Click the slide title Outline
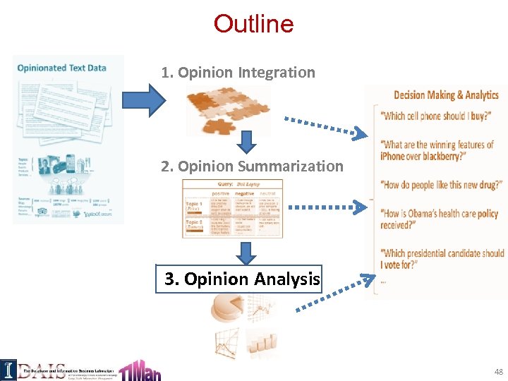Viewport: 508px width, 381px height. click(x=253, y=24)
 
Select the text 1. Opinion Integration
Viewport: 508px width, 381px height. click(x=238, y=72)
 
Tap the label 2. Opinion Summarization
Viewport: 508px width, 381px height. click(x=252, y=167)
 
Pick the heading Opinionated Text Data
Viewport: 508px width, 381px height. click(x=62, y=68)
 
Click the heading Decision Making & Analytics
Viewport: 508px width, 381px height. click(x=446, y=95)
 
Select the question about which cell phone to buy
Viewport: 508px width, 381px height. click(x=435, y=116)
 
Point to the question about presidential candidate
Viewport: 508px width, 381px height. click(x=442, y=259)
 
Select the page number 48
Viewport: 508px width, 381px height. click(x=499, y=371)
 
